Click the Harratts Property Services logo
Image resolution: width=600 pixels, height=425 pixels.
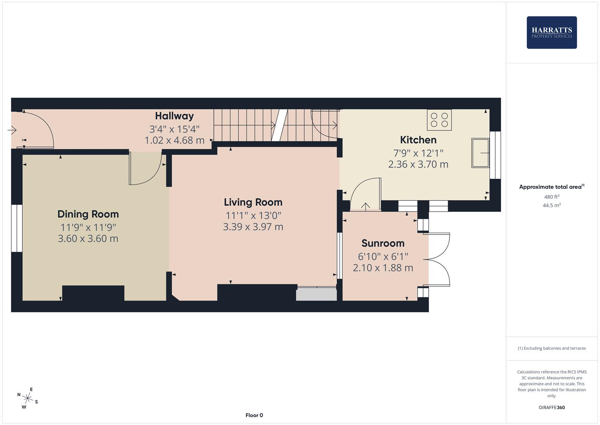point(552,32)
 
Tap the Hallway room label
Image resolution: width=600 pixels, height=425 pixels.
point(174,116)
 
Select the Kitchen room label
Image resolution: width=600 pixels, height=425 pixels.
point(418,140)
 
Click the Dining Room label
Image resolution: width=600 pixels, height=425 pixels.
point(88,214)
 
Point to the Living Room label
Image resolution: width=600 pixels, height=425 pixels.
point(253,202)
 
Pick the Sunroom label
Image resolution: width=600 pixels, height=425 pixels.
point(383,243)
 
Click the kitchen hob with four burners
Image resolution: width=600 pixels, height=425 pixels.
point(439,120)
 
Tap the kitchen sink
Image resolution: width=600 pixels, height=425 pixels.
point(481,153)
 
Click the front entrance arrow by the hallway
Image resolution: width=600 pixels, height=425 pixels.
point(12,130)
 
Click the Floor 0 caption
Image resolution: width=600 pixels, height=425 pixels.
point(254,415)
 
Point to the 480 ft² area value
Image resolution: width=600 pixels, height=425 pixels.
point(552,197)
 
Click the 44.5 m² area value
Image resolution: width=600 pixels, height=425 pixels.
point(552,205)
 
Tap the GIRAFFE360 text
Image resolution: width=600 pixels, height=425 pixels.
point(552,408)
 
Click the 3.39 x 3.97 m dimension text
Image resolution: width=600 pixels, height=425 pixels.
point(253,227)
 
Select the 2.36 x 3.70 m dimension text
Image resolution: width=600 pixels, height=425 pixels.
point(418,164)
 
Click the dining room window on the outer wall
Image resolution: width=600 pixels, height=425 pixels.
point(17,228)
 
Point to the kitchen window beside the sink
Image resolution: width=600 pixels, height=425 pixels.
point(495,155)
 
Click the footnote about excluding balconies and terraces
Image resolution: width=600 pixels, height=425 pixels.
point(552,348)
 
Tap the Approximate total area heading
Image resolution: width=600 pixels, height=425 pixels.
point(552,187)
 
